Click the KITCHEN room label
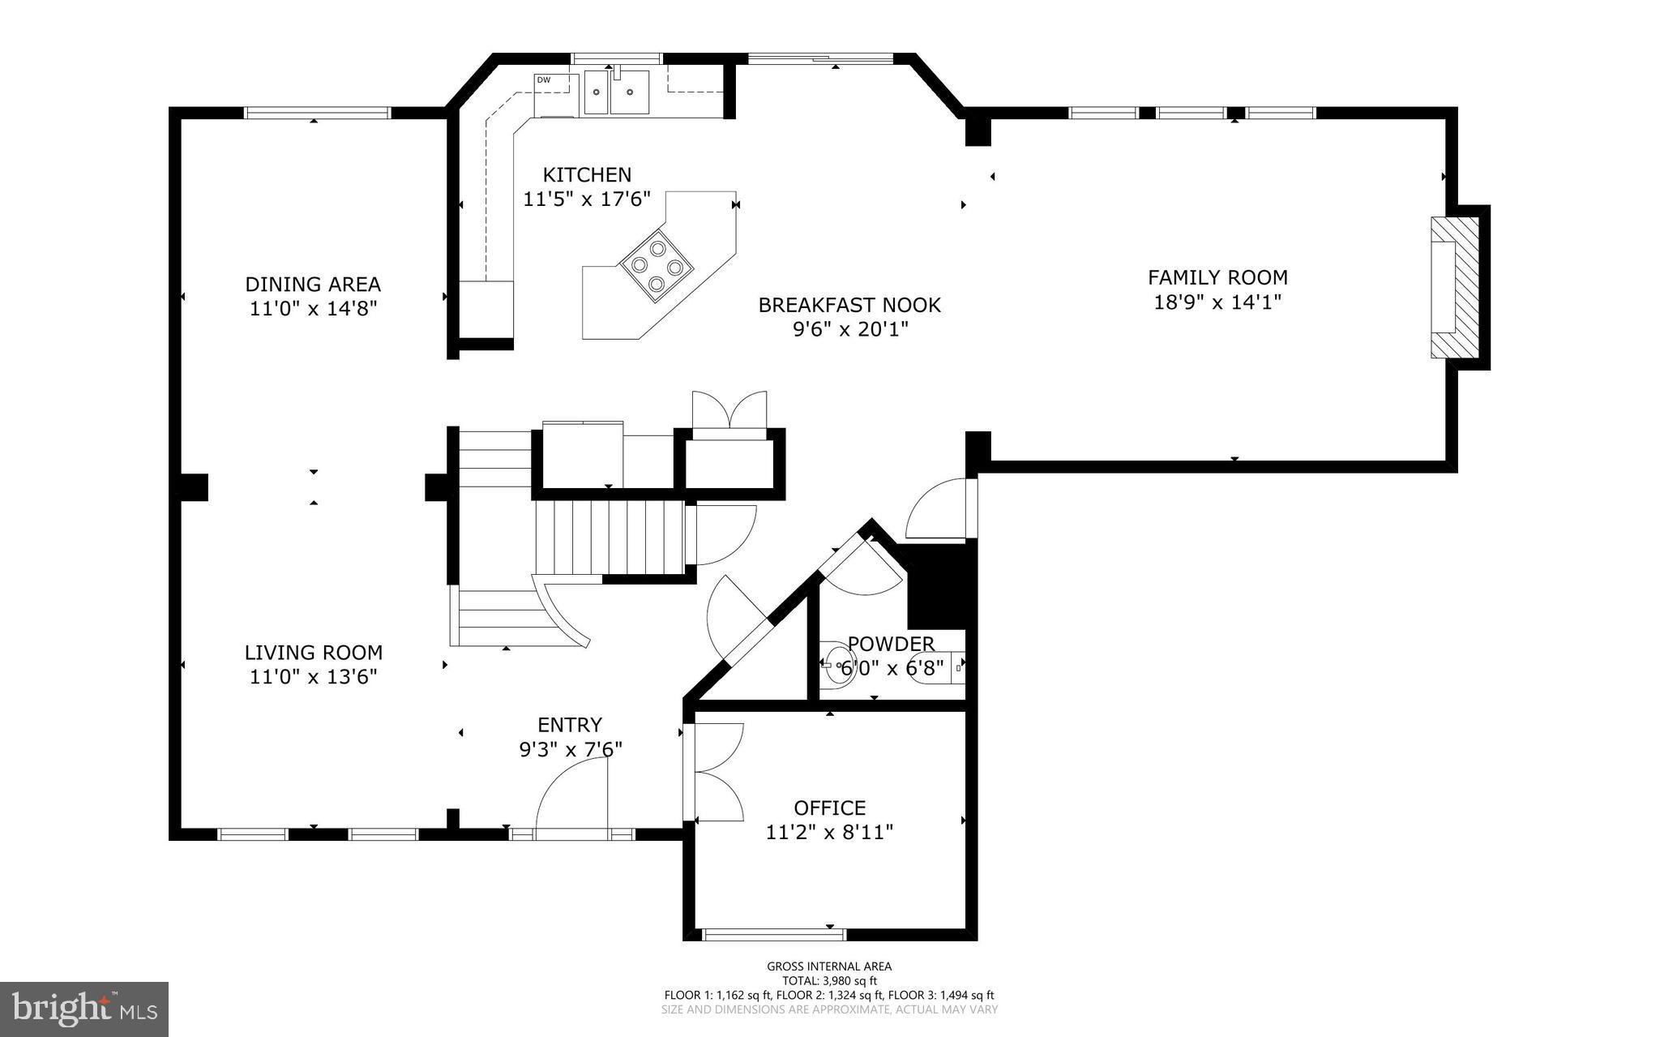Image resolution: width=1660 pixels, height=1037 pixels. pyautogui.click(x=586, y=174)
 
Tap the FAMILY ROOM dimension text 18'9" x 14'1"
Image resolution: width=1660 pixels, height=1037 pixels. pyautogui.click(x=1217, y=302)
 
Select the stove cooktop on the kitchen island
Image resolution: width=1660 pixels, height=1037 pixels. pyautogui.click(x=657, y=264)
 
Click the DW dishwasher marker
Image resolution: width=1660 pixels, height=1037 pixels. pyautogui.click(x=543, y=79)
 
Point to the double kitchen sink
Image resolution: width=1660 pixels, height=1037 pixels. pyautogui.click(x=618, y=93)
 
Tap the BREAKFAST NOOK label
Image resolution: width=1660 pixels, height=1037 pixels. pyautogui.click(x=849, y=305)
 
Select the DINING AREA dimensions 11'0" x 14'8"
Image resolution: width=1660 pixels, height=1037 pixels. pyautogui.click(x=313, y=309)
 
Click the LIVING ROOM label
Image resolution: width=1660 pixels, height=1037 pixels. pyautogui.click(x=313, y=652)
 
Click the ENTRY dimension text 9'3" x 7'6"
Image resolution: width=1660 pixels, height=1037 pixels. pyautogui.click(x=571, y=749)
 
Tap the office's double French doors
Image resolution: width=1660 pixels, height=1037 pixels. pyautogui.click(x=717, y=771)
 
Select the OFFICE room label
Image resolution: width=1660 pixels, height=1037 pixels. pyautogui.click(x=829, y=808)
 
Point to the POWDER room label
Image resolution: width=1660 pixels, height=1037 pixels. pyautogui.click(x=891, y=644)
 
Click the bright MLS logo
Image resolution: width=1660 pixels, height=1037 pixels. pyautogui.click(x=84, y=1009)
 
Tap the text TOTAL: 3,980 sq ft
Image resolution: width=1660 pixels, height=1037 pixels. pyautogui.click(x=829, y=980)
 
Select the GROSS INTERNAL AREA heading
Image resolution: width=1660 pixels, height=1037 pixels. pyautogui.click(x=829, y=966)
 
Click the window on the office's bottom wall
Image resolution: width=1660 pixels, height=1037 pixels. pyautogui.click(x=774, y=935)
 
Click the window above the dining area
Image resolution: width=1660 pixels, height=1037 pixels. pyautogui.click(x=318, y=113)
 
